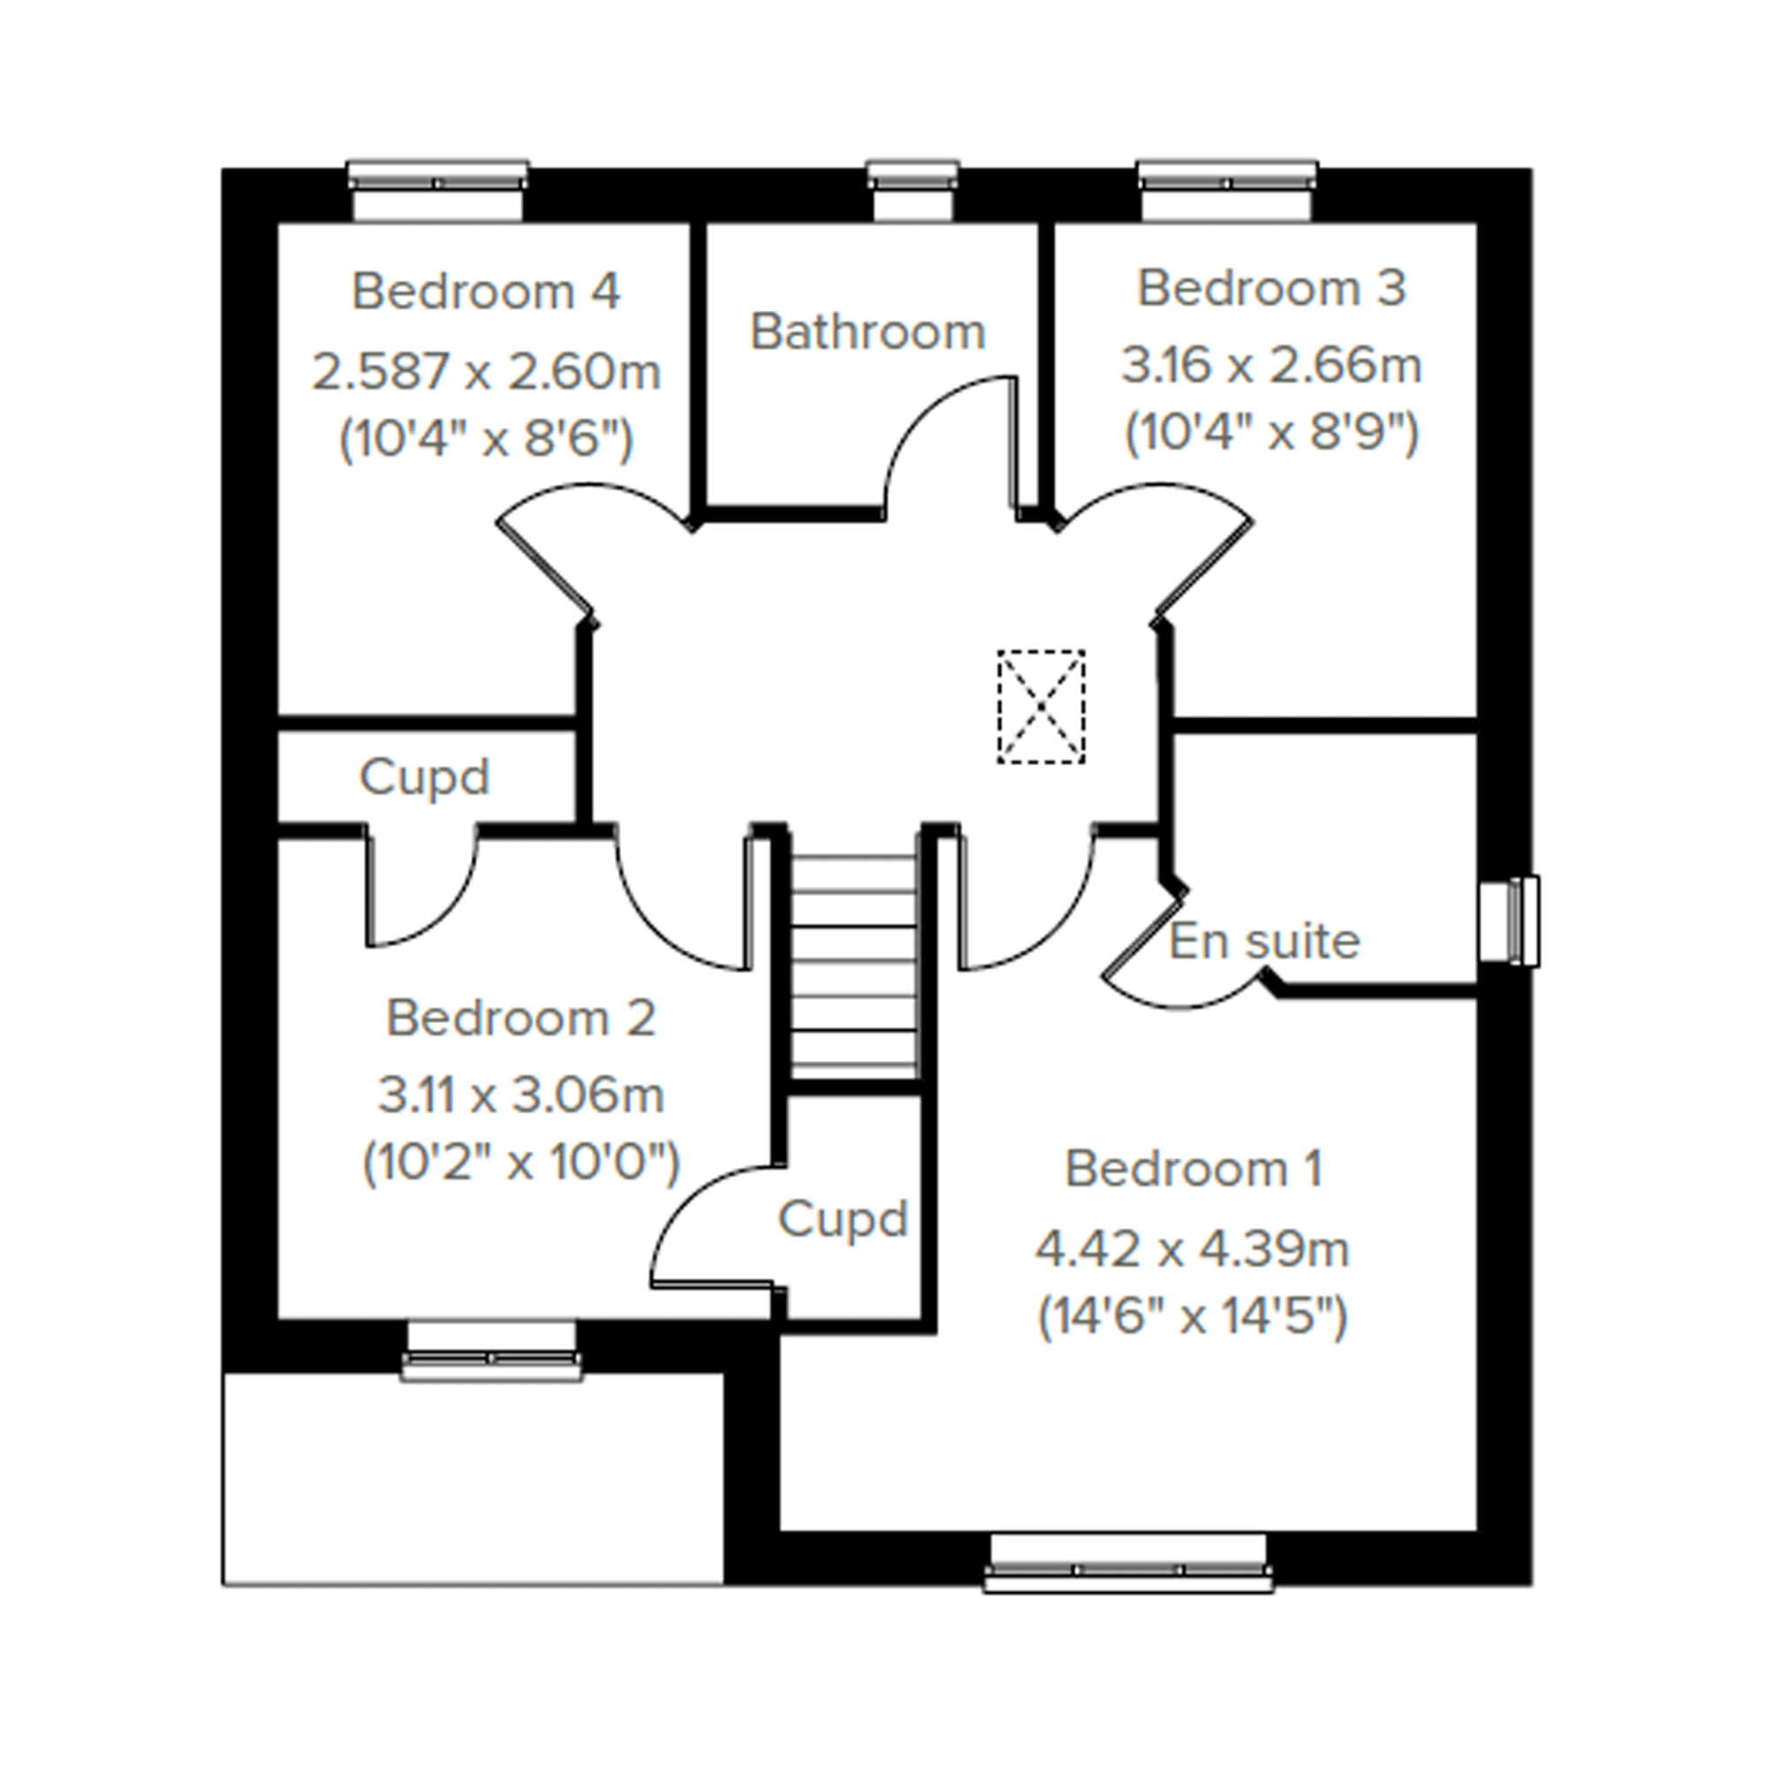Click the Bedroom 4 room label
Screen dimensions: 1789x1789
click(485, 292)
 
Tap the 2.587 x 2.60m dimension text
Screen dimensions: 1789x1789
click(485, 372)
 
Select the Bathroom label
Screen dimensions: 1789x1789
click(868, 332)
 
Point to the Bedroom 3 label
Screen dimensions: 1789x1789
click(1271, 289)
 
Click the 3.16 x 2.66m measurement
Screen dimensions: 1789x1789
click(1271, 365)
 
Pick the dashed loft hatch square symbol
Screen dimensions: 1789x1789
click(1041, 707)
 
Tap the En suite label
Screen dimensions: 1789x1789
click(1264, 942)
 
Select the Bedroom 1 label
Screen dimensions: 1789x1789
click(1193, 1169)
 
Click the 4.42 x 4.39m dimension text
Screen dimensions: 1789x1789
click(1193, 1249)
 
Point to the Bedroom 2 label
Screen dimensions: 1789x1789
click(520, 1019)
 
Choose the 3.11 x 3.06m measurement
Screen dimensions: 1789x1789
click(520, 1095)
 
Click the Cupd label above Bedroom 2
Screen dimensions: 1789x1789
click(424, 777)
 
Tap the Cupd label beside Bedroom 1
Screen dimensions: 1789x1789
click(842, 1219)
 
